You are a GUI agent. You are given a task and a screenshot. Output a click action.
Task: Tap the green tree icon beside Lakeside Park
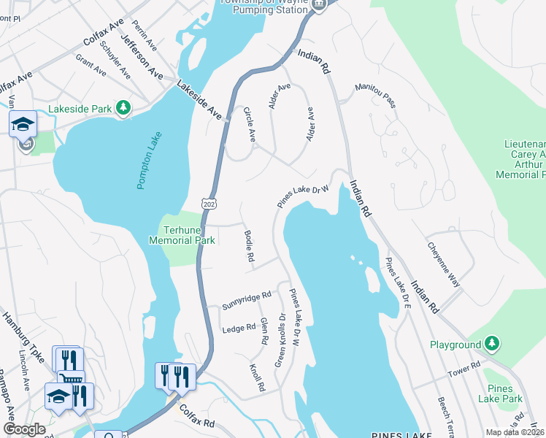pos(123,109)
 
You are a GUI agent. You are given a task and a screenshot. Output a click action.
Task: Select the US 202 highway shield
pos(210,200)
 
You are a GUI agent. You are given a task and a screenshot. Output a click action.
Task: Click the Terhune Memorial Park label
pos(182,234)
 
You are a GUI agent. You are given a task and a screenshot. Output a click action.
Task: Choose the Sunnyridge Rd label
pos(246,300)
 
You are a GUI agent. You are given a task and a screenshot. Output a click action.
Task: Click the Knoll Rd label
pos(255,377)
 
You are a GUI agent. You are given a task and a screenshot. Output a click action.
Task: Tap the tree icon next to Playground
pos(493,344)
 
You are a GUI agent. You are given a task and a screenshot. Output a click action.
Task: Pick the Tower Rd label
pos(464,371)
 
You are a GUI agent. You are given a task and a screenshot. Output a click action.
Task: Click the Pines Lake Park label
pos(500,393)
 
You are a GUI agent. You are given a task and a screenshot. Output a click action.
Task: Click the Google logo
pos(24,429)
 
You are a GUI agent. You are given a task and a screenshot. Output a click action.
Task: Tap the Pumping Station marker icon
pos(318,5)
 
